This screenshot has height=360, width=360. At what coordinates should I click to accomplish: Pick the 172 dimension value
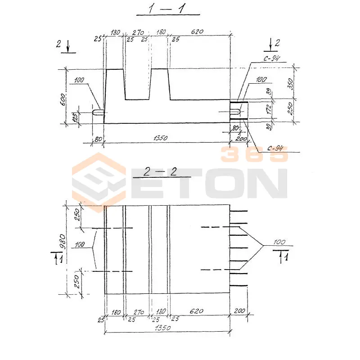coord(269,109)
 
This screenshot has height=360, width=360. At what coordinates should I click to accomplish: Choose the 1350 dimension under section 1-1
coord(159,138)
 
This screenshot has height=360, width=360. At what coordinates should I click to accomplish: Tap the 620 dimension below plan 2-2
coord(197,311)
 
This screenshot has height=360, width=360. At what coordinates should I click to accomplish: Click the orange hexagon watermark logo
coord(99,182)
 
